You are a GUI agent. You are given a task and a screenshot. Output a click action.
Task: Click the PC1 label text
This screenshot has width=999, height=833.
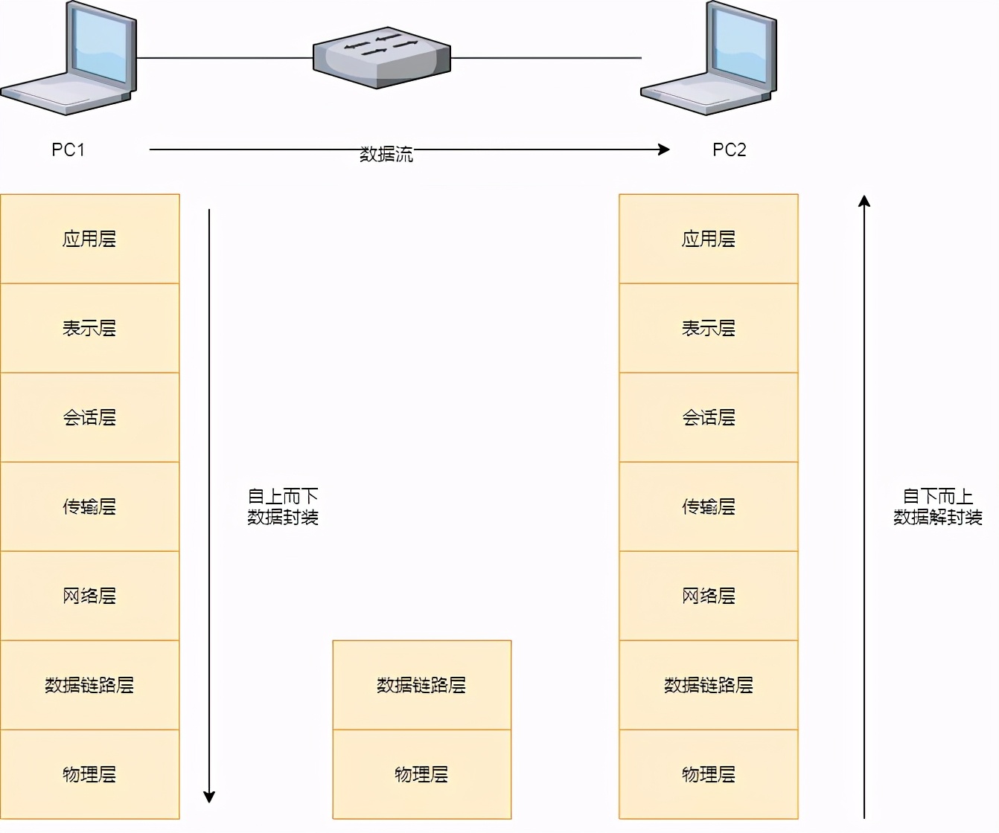(68, 149)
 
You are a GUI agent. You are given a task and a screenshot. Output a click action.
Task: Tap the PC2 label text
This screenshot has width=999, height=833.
(729, 149)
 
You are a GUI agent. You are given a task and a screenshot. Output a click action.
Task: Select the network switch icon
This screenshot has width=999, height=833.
(381, 57)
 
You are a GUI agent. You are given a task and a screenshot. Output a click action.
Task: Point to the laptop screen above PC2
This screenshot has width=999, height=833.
(739, 42)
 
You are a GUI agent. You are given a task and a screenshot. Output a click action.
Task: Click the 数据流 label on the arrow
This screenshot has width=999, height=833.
(386, 154)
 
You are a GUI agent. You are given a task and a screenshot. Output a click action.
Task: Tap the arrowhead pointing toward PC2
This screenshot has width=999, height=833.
(664, 149)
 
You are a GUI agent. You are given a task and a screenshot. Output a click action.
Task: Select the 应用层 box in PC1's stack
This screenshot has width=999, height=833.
(89, 239)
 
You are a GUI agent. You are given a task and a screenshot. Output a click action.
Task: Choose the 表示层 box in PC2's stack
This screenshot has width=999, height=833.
(708, 328)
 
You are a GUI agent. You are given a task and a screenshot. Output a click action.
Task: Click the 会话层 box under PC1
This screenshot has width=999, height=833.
(89, 417)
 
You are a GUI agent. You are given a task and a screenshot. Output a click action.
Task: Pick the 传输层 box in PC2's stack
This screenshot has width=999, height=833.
(708, 506)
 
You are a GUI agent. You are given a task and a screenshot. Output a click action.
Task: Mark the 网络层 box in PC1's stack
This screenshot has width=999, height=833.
(89, 596)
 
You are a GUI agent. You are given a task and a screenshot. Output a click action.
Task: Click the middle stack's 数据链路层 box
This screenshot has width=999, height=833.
(421, 685)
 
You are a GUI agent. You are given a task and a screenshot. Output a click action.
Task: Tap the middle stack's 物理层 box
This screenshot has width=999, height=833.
(421, 774)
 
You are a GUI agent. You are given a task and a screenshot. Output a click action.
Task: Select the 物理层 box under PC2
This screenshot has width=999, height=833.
(708, 774)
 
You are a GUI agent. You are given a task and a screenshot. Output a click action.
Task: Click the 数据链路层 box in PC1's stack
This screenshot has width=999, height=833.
(89, 685)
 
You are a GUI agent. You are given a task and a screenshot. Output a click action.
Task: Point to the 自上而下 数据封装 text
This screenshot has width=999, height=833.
(283, 506)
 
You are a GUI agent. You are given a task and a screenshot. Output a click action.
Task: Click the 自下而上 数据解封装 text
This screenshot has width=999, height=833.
(937, 506)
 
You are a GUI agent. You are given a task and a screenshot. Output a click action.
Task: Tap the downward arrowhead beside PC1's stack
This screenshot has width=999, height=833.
(209, 797)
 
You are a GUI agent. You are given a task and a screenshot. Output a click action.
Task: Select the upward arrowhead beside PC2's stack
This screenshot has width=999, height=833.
(864, 201)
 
